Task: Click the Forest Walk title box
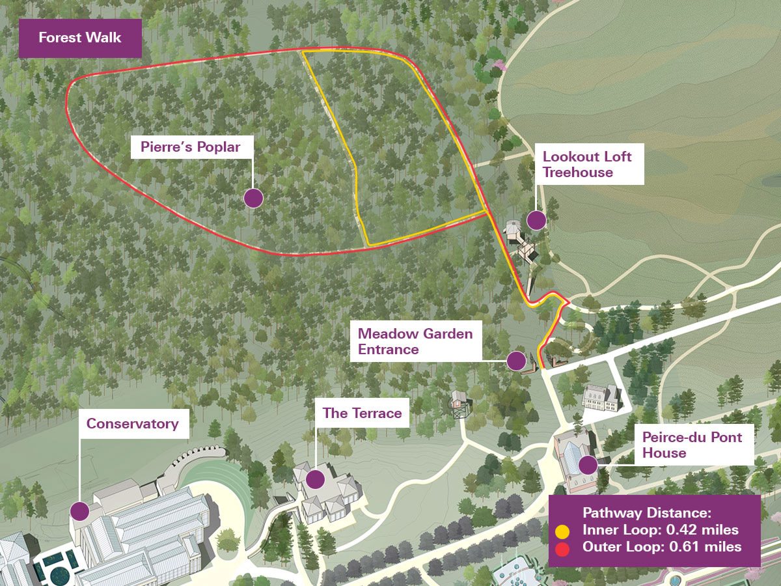[79, 38]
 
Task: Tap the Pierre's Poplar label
[191, 147]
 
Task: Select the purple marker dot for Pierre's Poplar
[253, 198]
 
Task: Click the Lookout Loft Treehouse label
[587, 165]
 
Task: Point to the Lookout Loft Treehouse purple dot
[536, 220]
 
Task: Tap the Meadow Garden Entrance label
[415, 341]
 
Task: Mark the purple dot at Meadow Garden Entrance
[516, 360]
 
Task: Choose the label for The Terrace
[362, 413]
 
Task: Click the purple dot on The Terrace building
[316, 479]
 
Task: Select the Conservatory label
[132, 424]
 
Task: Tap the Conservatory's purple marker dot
[80, 510]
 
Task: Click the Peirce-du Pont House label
[692, 444]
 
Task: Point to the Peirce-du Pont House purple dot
[588, 464]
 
